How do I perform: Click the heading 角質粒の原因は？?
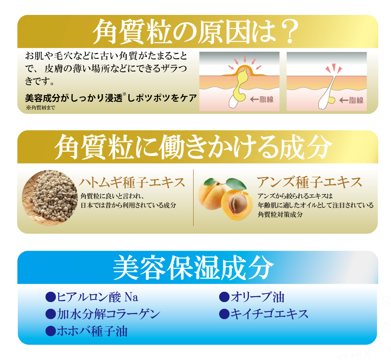195,32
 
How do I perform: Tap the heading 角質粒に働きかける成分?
193,147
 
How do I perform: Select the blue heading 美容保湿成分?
194,268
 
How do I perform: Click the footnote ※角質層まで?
41,108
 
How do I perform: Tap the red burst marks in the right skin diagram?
333,69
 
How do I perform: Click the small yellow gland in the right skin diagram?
331,100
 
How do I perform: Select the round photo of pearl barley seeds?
50,198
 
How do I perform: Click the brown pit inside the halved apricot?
238,204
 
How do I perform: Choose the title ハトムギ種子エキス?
132,182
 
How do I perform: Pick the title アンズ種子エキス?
309,182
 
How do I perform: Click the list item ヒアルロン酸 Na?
98,297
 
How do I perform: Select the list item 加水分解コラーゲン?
108,314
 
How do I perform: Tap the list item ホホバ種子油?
92,331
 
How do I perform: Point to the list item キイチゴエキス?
269,314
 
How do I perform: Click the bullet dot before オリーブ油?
224,297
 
